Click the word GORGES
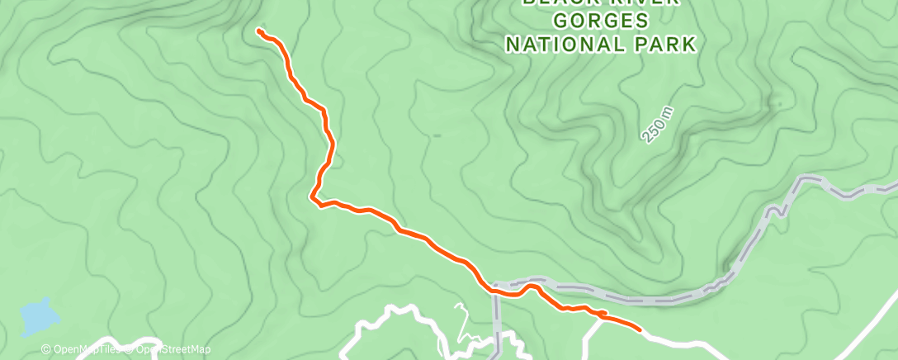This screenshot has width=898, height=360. tap(601, 20)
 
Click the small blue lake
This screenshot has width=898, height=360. tap(39, 315)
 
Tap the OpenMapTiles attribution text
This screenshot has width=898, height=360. tap(86, 350)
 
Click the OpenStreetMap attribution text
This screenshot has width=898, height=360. tap(168, 350)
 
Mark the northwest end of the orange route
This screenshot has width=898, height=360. tap(259, 31)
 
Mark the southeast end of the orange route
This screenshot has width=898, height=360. tap(640, 329)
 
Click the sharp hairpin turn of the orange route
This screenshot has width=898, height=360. tap(313, 197)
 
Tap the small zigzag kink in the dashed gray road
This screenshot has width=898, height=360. tap(777, 210)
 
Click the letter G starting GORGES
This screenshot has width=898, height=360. tap(562, 20)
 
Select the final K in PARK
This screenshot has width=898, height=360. tap(689, 44)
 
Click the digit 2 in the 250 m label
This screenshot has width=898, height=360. tap(648, 137)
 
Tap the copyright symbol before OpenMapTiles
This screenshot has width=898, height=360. tap(46, 350)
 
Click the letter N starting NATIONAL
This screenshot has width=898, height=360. tap(512, 44)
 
